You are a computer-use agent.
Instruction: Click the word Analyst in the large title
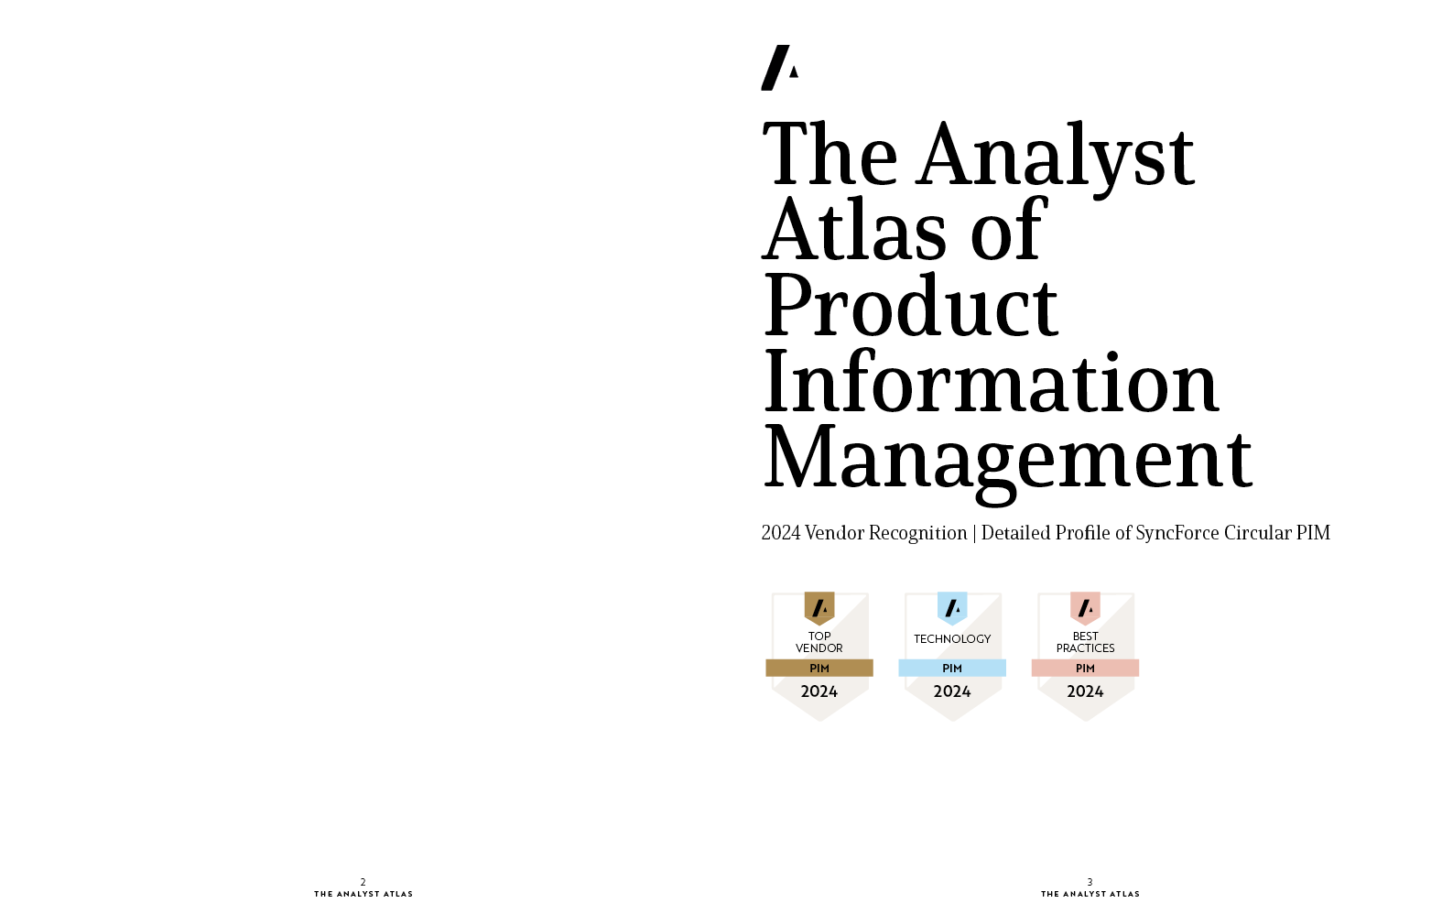click(1055, 156)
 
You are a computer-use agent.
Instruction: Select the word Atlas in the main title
click(854, 231)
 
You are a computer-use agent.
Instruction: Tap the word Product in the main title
click(911, 305)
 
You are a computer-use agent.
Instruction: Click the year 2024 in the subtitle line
click(780, 533)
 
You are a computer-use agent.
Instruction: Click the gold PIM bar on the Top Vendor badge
click(819, 669)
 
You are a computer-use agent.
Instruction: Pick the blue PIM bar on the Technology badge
click(952, 669)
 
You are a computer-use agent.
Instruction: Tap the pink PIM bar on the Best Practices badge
click(1085, 669)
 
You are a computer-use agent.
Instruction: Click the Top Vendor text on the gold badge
click(819, 642)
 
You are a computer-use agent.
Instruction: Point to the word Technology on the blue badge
click(952, 639)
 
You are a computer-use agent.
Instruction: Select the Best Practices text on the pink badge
click(1085, 642)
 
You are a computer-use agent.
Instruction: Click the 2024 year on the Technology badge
click(952, 691)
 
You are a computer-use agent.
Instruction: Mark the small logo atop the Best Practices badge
click(1085, 608)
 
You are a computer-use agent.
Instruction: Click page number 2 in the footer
click(363, 882)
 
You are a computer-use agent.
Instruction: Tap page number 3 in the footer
click(1090, 882)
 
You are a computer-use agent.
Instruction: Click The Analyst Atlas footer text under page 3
click(1090, 894)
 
